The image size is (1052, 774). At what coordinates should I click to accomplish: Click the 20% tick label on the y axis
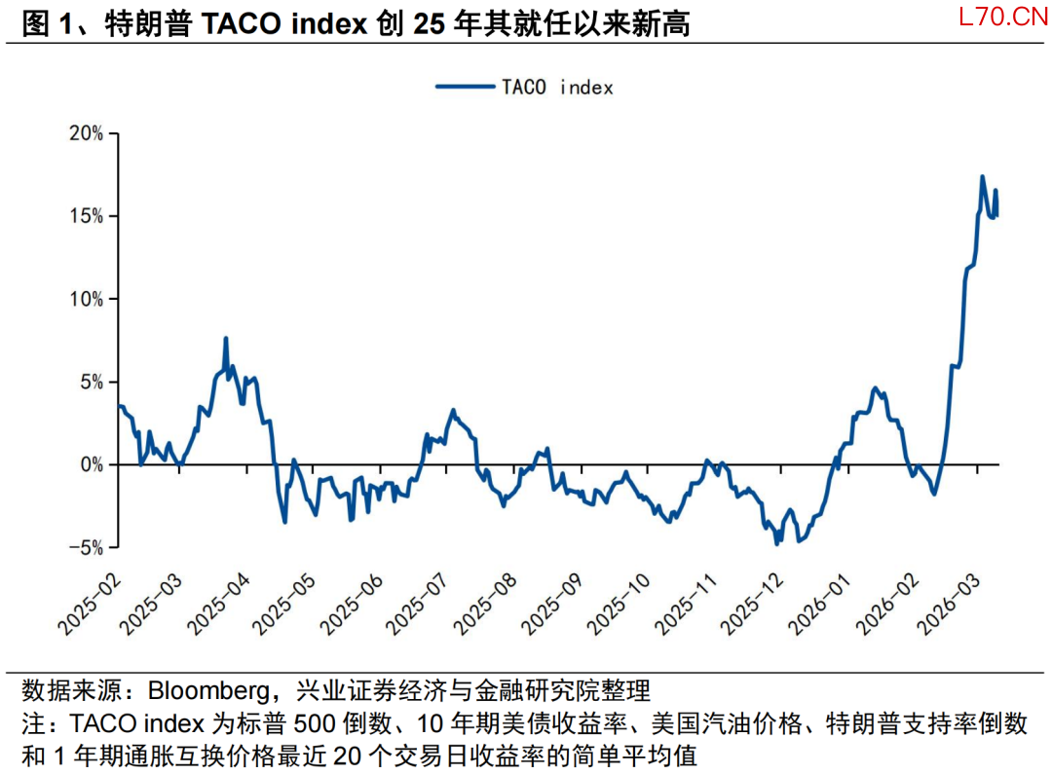[87, 133]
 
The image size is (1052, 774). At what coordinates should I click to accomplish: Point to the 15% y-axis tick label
[87, 216]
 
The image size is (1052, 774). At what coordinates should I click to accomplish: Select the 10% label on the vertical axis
[87, 299]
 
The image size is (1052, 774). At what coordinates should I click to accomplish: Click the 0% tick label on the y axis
[92, 465]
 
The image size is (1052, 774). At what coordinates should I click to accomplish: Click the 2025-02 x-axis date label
[89, 605]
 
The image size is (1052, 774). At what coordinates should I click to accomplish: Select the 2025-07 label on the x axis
[416, 605]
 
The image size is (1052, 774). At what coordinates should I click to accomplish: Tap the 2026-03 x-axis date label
[959, 605]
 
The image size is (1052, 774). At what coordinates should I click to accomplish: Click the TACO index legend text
[557, 88]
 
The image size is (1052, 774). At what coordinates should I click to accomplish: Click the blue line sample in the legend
[465, 87]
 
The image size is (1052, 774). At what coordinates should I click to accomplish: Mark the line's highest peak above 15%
[982, 177]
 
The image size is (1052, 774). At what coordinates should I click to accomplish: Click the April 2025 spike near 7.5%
[226, 339]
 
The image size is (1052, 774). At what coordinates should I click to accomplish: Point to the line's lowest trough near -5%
[776, 543]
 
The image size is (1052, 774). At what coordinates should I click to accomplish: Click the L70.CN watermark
[994, 18]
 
